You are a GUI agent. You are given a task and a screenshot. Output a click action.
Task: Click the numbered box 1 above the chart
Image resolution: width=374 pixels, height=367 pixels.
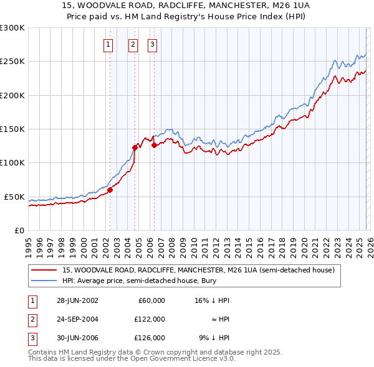(x=108, y=44)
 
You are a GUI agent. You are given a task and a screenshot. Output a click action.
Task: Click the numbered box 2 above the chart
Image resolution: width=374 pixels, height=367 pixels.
(x=133, y=44)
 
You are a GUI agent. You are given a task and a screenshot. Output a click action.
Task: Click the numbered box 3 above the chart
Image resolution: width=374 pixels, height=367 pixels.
(x=152, y=44)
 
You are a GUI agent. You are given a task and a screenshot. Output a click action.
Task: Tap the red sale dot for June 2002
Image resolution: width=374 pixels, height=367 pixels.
(x=110, y=190)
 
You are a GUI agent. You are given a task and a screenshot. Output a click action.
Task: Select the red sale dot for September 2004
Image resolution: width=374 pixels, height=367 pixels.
(x=135, y=148)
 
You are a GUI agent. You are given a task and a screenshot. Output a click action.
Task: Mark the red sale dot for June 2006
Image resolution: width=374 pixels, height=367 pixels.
(x=154, y=146)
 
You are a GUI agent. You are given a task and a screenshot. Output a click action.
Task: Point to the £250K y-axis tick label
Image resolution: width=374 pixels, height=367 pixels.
(x=12, y=62)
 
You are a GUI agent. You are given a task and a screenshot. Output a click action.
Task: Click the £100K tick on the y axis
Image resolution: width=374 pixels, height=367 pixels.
(x=12, y=163)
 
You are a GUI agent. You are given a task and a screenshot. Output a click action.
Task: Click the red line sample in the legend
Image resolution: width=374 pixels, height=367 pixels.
(x=44, y=271)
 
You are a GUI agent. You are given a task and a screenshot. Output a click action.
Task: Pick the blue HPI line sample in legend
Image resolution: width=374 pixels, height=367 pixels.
(x=44, y=281)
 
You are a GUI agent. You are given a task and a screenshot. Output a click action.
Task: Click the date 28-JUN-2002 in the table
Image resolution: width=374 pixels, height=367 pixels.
(x=77, y=300)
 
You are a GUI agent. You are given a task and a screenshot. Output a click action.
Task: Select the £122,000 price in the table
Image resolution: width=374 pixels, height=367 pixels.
(x=150, y=318)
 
